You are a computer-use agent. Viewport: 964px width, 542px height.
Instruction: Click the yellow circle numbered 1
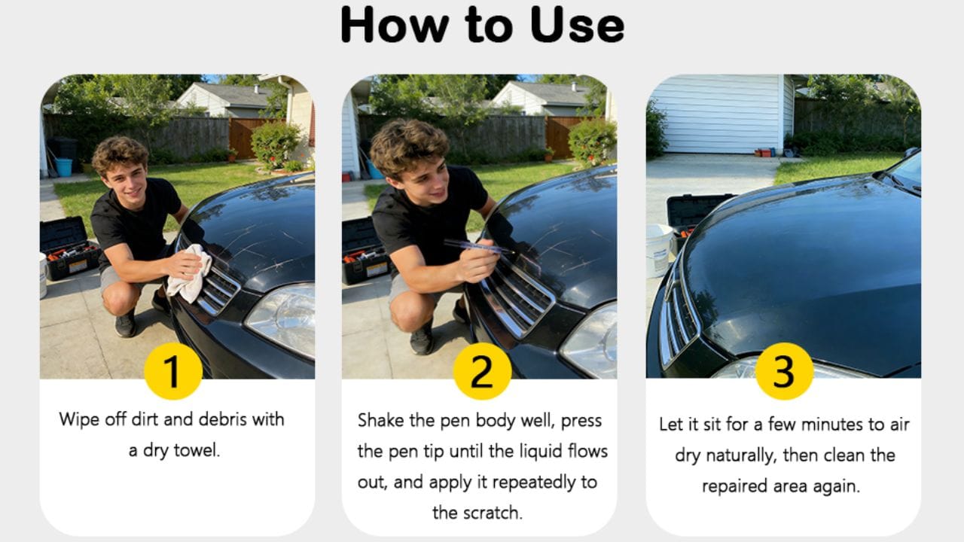point(173,371)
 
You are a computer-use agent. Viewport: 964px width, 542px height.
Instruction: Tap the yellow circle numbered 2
point(482,371)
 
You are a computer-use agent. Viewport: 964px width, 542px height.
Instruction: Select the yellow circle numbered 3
point(784,371)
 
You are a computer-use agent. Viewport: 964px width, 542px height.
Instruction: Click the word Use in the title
point(577,25)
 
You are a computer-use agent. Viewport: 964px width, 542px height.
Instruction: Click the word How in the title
point(395,25)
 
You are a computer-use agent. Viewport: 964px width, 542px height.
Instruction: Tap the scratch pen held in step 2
point(478,248)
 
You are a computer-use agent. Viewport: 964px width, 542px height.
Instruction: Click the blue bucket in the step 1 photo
point(64,167)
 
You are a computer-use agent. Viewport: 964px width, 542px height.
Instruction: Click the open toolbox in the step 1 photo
point(69,248)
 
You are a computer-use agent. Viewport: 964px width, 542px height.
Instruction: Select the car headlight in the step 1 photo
point(282,318)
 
